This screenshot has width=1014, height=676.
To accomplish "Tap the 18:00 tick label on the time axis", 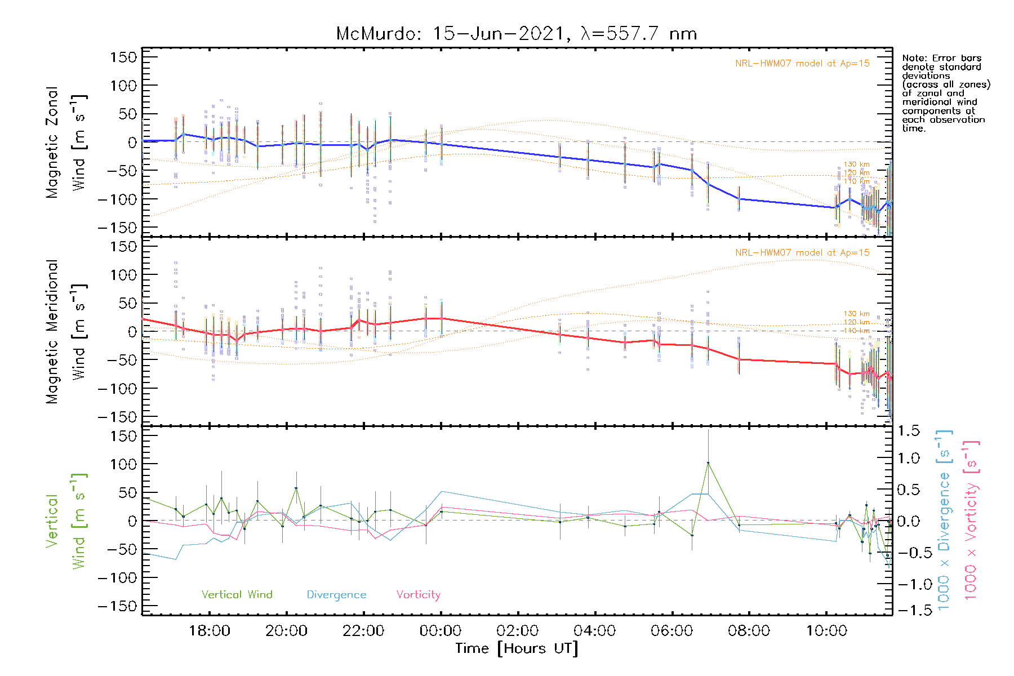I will pyautogui.click(x=209, y=631).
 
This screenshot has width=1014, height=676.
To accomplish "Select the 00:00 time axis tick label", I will pyautogui.click(x=441, y=631).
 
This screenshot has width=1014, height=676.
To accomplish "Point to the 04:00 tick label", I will pyautogui.click(x=594, y=631).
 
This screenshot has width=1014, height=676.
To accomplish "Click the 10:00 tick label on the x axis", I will pyautogui.click(x=826, y=631).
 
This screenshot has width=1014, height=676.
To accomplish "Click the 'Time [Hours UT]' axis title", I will pyautogui.click(x=517, y=648).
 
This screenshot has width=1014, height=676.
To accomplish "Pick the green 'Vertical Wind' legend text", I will pyautogui.click(x=237, y=595).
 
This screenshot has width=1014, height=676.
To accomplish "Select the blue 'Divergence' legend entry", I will pyautogui.click(x=336, y=595).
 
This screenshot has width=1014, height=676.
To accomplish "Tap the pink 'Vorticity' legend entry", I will pyautogui.click(x=418, y=595).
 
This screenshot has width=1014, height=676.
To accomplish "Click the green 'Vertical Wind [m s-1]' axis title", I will pyautogui.click(x=66, y=521).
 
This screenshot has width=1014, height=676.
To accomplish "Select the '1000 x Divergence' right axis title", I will pyautogui.click(x=944, y=521).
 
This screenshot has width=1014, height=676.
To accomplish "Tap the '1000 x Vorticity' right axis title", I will pyautogui.click(x=971, y=521).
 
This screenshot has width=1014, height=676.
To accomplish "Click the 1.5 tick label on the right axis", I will pyautogui.click(x=908, y=431).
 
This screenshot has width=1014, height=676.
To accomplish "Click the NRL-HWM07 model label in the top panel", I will pyautogui.click(x=802, y=64).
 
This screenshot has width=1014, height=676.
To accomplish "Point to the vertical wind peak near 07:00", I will pyautogui.click(x=708, y=463).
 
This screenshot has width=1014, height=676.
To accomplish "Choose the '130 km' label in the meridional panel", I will pyautogui.click(x=856, y=314).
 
